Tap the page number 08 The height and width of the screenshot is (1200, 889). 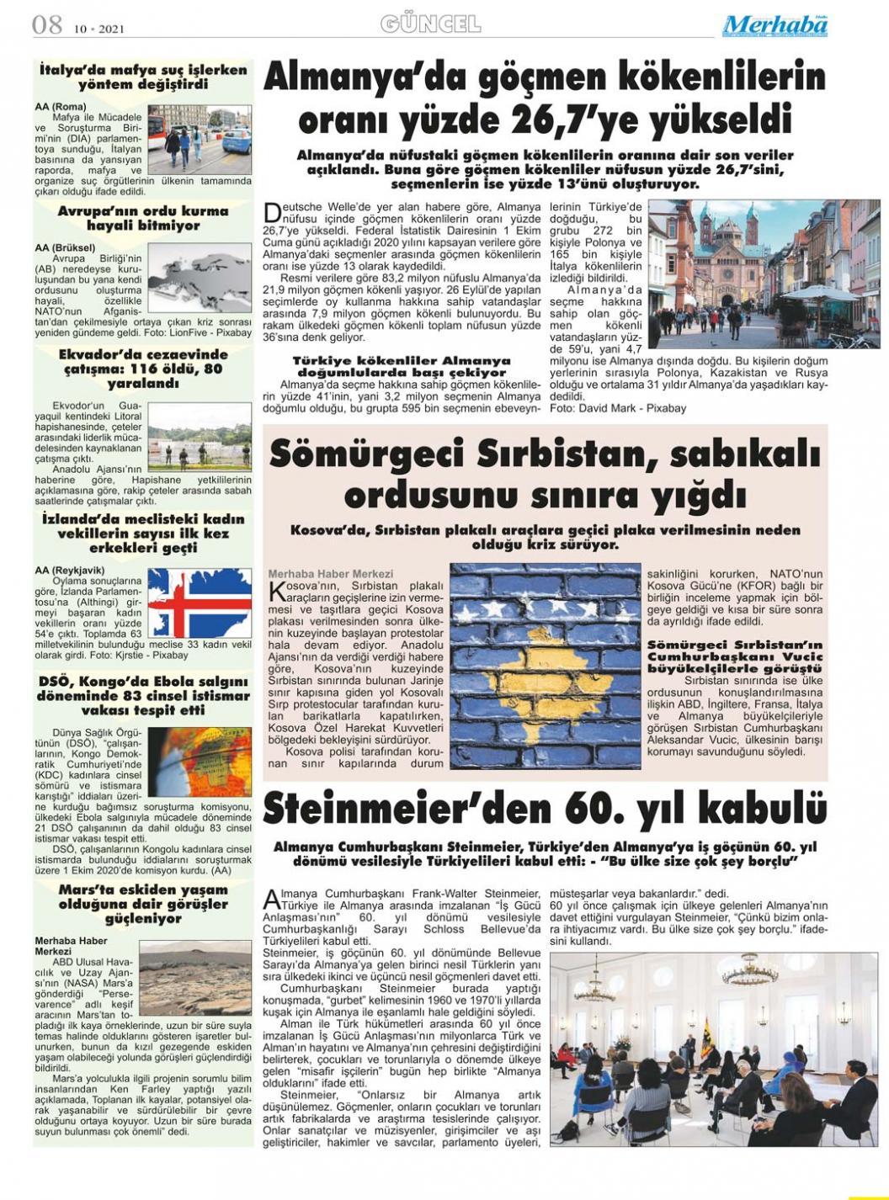pyautogui.click(x=47, y=24)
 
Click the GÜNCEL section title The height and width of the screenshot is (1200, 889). pyautogui.click(x=430, y=24)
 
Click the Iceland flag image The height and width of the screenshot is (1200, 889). pyautogui.click(x=200, y=603)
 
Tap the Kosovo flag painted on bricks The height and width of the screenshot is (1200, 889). pyautogui.click(x=545, y=666)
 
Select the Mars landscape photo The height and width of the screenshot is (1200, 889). pyautogui.click(x=194, y=978)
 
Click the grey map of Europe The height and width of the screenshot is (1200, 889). pyautogui.click(x=199, y=278)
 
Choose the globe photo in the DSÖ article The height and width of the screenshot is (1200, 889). pyautogui.click(x=200, y=763)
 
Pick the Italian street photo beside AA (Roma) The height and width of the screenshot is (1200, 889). pyautogui.click(x=199, y=140)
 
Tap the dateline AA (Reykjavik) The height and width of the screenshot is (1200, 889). pyautogui.click(x=70, y=570)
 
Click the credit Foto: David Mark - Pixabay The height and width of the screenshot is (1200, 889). pyautogui.click(x=617, y=408)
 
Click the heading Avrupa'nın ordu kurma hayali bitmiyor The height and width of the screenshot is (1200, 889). pyautogui.click(x=143, y=218)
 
